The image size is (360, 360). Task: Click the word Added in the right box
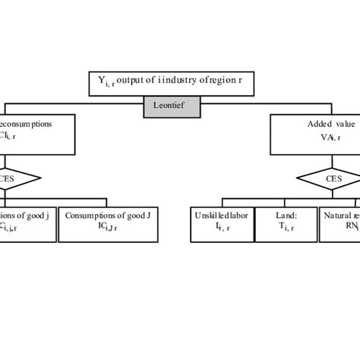pyautogui.click(x=298, y=124)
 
